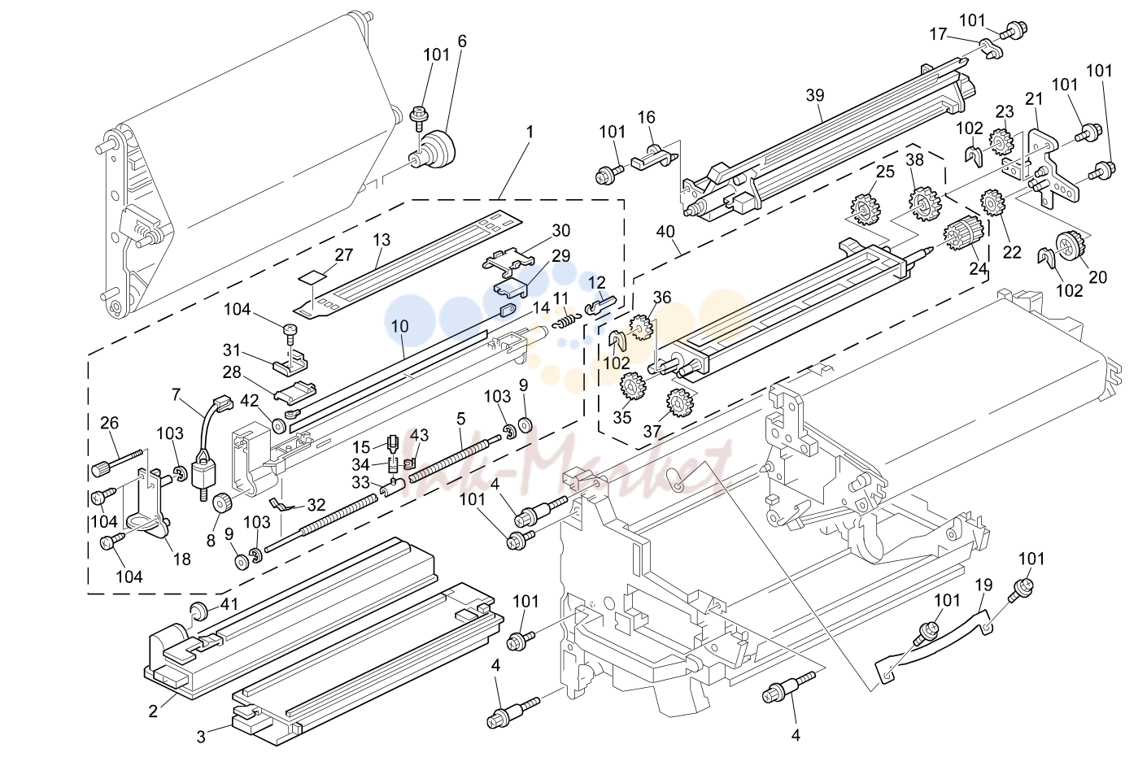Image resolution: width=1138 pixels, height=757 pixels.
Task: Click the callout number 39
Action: coord(815,95)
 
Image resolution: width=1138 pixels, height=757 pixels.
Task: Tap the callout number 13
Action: coord(381,240)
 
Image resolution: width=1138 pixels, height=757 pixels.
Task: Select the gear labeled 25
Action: coord(865,209)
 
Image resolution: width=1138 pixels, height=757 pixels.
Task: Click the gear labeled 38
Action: coord(925,203)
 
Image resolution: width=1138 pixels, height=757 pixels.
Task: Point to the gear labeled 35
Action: coord(632,387)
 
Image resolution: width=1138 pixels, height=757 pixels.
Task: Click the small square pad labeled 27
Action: coord(312,277)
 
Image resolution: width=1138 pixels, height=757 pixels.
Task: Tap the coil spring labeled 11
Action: coord(565,321)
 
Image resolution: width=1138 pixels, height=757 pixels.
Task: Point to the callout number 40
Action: coord(665,233)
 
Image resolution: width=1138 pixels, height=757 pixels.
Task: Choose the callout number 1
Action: coord(530,132)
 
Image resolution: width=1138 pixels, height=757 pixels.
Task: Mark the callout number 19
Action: coord(983,585)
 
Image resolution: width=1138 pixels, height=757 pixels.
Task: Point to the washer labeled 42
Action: coord(278,425)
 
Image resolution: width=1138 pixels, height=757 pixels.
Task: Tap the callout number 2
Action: coord(153,711)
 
